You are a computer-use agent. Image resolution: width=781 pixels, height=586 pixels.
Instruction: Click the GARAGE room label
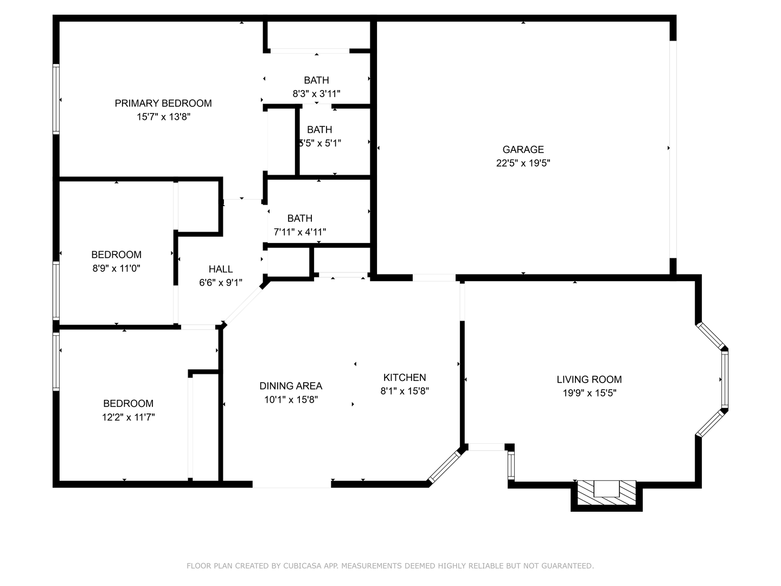pos(523,149)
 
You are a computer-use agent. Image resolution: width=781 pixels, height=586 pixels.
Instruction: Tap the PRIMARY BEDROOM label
pos(163,103)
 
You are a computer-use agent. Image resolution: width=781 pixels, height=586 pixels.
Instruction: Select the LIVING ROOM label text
pos(589,379)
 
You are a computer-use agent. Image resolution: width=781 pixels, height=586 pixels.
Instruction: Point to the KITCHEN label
pos(405,377)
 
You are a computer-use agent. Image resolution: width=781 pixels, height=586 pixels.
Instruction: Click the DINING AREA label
pos(291,386)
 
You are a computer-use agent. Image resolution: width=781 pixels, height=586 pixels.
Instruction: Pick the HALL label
pos(221,269)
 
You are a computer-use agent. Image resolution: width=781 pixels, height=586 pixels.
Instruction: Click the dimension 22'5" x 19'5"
pos(523,163)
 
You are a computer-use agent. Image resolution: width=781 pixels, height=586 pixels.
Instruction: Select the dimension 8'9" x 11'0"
pos(116,268)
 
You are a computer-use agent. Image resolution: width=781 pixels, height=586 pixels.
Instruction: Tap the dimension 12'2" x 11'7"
pos(129,417)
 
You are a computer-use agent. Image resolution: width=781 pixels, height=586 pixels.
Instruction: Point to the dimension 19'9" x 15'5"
pos(589,393)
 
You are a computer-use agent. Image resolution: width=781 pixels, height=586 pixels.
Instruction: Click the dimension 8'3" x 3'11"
pos(316,94)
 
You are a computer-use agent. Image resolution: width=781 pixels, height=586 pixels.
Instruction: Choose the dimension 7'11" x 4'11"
pos(299,232)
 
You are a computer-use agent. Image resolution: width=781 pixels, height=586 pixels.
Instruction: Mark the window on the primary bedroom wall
pos(56,99)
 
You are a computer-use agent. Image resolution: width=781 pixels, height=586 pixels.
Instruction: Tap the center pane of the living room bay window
pos(725,379)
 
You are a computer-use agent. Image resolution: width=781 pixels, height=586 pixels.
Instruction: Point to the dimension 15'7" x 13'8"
pos(163,117)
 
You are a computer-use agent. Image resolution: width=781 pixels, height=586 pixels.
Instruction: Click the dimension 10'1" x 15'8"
pos(291,400)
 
